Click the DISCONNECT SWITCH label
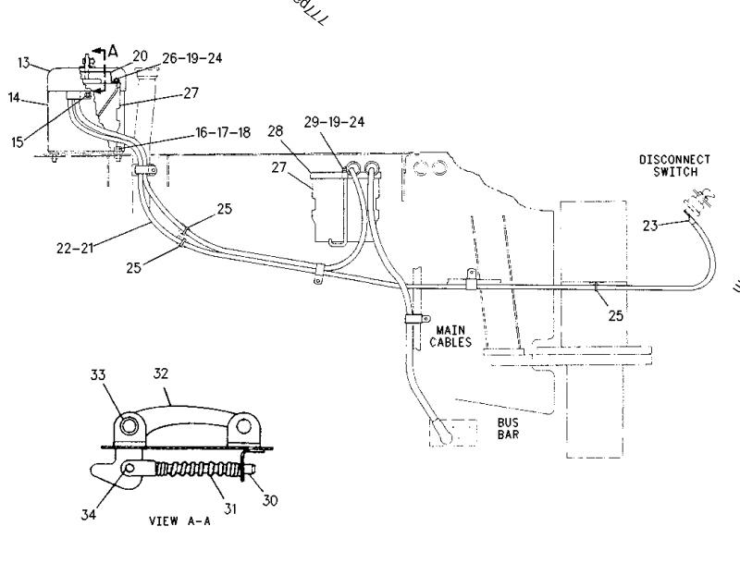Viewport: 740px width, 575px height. click(675, 165)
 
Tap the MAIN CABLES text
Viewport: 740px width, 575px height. click(450, 336)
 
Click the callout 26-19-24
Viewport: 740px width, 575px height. click(191, 57)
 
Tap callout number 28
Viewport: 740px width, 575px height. click(276, 133)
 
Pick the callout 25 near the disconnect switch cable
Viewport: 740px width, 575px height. click(616, 315)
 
